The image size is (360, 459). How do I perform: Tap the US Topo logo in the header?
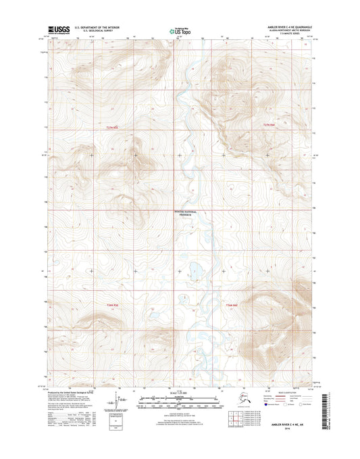178,30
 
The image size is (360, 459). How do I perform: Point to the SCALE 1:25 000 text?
179,390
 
